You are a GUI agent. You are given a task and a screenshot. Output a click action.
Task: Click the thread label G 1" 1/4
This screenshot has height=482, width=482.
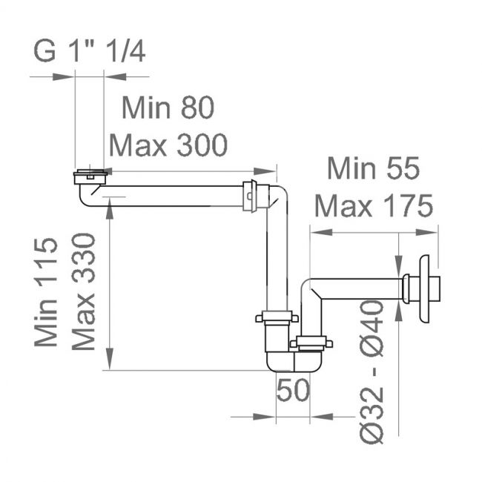(x=90, y=51)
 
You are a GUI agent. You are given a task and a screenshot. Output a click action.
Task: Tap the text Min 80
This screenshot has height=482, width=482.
(x=168, y=108)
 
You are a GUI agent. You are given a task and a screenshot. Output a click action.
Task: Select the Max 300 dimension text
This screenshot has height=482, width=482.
(x=168, y=145)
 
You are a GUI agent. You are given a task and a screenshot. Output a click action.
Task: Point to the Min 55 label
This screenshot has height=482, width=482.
(x=373, y=168)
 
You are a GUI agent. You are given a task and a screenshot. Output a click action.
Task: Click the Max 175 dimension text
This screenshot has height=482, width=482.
(x=374, y=205)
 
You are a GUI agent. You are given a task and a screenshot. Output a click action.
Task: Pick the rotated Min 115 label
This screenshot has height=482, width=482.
(x=46, y=292)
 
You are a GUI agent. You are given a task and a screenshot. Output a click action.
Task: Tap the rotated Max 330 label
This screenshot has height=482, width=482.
(x=83, y=291)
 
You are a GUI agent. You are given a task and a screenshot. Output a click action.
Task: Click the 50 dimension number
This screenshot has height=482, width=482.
(x=293, y=390)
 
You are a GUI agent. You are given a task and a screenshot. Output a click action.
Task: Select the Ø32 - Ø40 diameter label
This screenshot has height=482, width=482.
(x=372, y=372)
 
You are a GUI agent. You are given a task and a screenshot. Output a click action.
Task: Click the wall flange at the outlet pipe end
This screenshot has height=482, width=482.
(x=425, y=289)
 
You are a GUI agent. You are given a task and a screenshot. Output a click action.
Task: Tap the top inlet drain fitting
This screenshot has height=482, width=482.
(x=90, y=176)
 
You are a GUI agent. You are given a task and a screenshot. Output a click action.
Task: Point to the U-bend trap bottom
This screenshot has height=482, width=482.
(x=294, y=362)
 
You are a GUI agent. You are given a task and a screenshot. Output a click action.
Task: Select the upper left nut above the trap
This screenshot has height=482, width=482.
(x=277, y=317)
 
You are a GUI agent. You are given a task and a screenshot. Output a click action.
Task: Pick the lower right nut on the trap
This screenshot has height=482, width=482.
(x=311, y=343)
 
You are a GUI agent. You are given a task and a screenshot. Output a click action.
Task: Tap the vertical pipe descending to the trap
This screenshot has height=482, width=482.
(x=277, y=258)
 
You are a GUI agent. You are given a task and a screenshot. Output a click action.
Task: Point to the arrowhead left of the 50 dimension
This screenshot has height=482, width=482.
(x=264, y=417)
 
